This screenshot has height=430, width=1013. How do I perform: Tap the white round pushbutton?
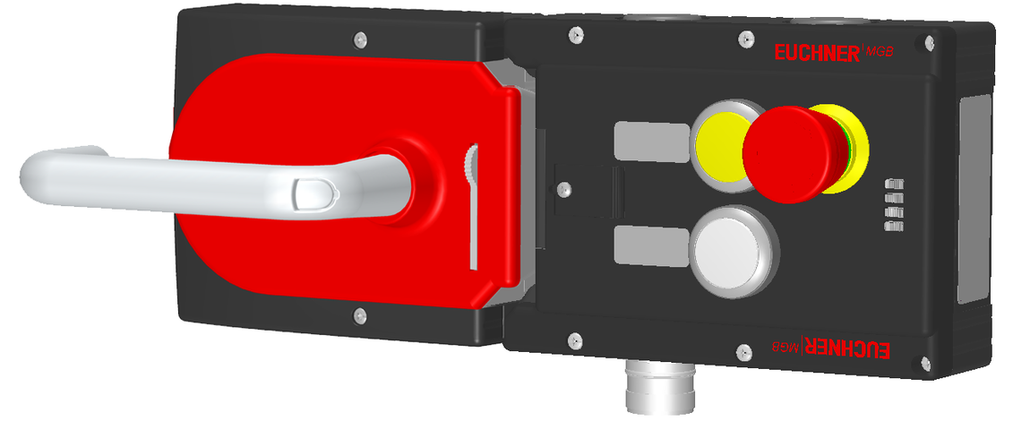pyautogui.click(x=729, y=249)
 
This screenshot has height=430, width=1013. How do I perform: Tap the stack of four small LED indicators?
pyautogui.click(x=891, y=204)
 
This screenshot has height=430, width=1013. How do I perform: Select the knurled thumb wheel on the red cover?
pyautogui.click(x=471, y=165)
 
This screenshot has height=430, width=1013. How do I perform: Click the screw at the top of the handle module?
pyautogui.click(x=359, y=39)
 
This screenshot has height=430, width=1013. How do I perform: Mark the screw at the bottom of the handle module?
pyautogui.click(x=359, y=314)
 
